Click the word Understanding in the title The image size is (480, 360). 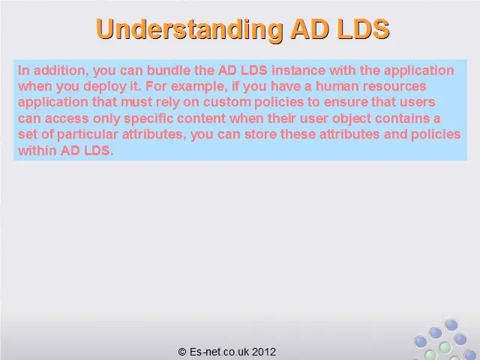tap(190, 29)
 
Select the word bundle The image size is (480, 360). tap(168, 70)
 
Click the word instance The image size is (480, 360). tap(298, 70)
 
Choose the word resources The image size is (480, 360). tap(394, 87)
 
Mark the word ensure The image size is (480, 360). tap(345, 103)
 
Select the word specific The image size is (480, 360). tap(148, 118)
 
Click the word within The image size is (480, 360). tap(37, 151)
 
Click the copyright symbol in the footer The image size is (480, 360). tap(182, 352)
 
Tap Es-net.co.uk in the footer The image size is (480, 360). tap(219, 352)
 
